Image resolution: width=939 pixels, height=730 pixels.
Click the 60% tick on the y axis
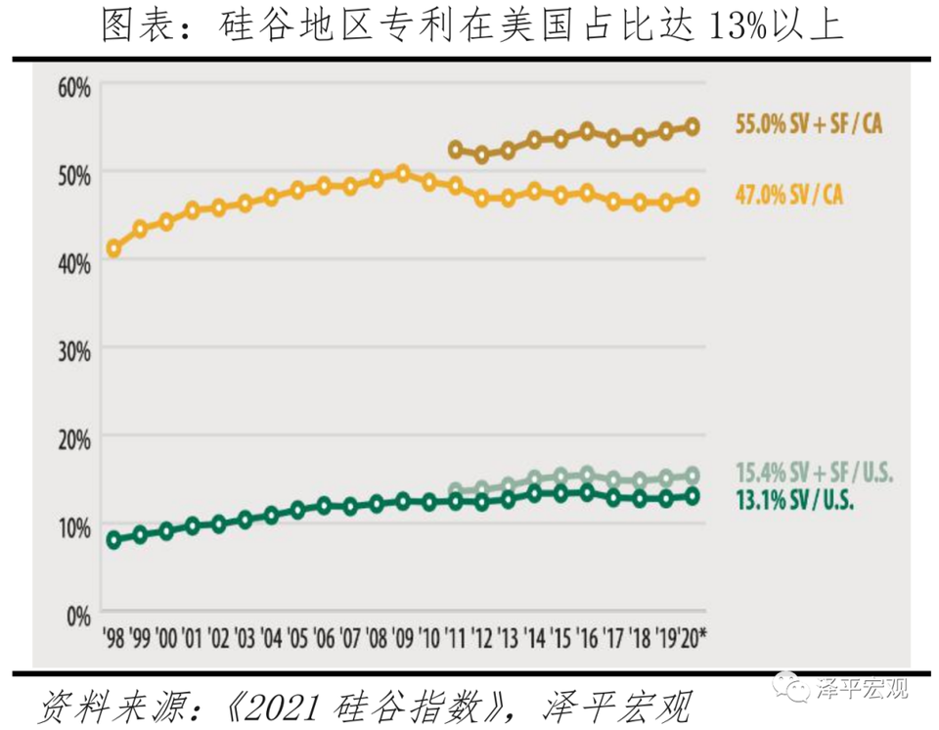73,86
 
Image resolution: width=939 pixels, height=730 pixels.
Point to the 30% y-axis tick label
73,349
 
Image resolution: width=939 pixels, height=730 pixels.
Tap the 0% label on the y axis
78,616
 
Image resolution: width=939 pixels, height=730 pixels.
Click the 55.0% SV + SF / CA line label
808,125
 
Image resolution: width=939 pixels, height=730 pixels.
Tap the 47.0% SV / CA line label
787,196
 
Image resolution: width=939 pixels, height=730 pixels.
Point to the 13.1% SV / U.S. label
793,497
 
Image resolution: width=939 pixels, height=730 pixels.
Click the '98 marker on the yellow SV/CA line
113,249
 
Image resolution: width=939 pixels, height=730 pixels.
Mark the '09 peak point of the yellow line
403,174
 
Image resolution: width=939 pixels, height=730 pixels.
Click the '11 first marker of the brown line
455,150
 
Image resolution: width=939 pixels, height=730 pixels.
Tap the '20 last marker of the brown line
693,126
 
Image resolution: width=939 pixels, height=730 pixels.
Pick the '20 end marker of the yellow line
693,198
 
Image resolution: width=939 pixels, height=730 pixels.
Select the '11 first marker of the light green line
455,490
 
